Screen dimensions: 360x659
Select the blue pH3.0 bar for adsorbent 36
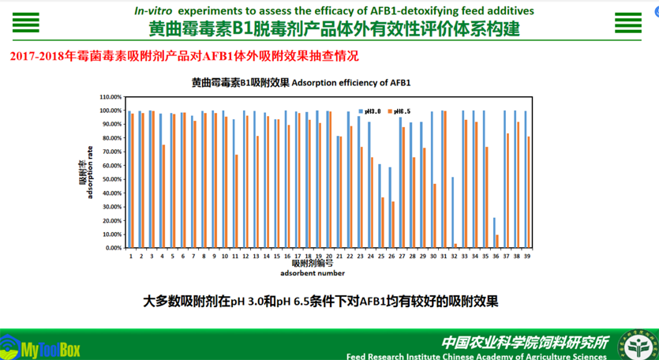(494, 233)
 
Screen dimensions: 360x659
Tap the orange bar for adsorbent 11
(236, 201)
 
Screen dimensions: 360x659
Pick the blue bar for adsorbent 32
(452, 212)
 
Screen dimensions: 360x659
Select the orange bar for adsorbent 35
(487, 197)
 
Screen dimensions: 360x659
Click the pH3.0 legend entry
(368, 111)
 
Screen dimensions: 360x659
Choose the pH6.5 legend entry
(399, 111)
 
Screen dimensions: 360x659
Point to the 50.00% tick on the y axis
(111, 179)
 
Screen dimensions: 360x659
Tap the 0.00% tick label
(113, 248)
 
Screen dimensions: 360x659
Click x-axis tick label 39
(526, 257)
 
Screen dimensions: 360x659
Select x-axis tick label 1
(130, 257)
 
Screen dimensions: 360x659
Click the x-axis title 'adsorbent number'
(312, 273)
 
